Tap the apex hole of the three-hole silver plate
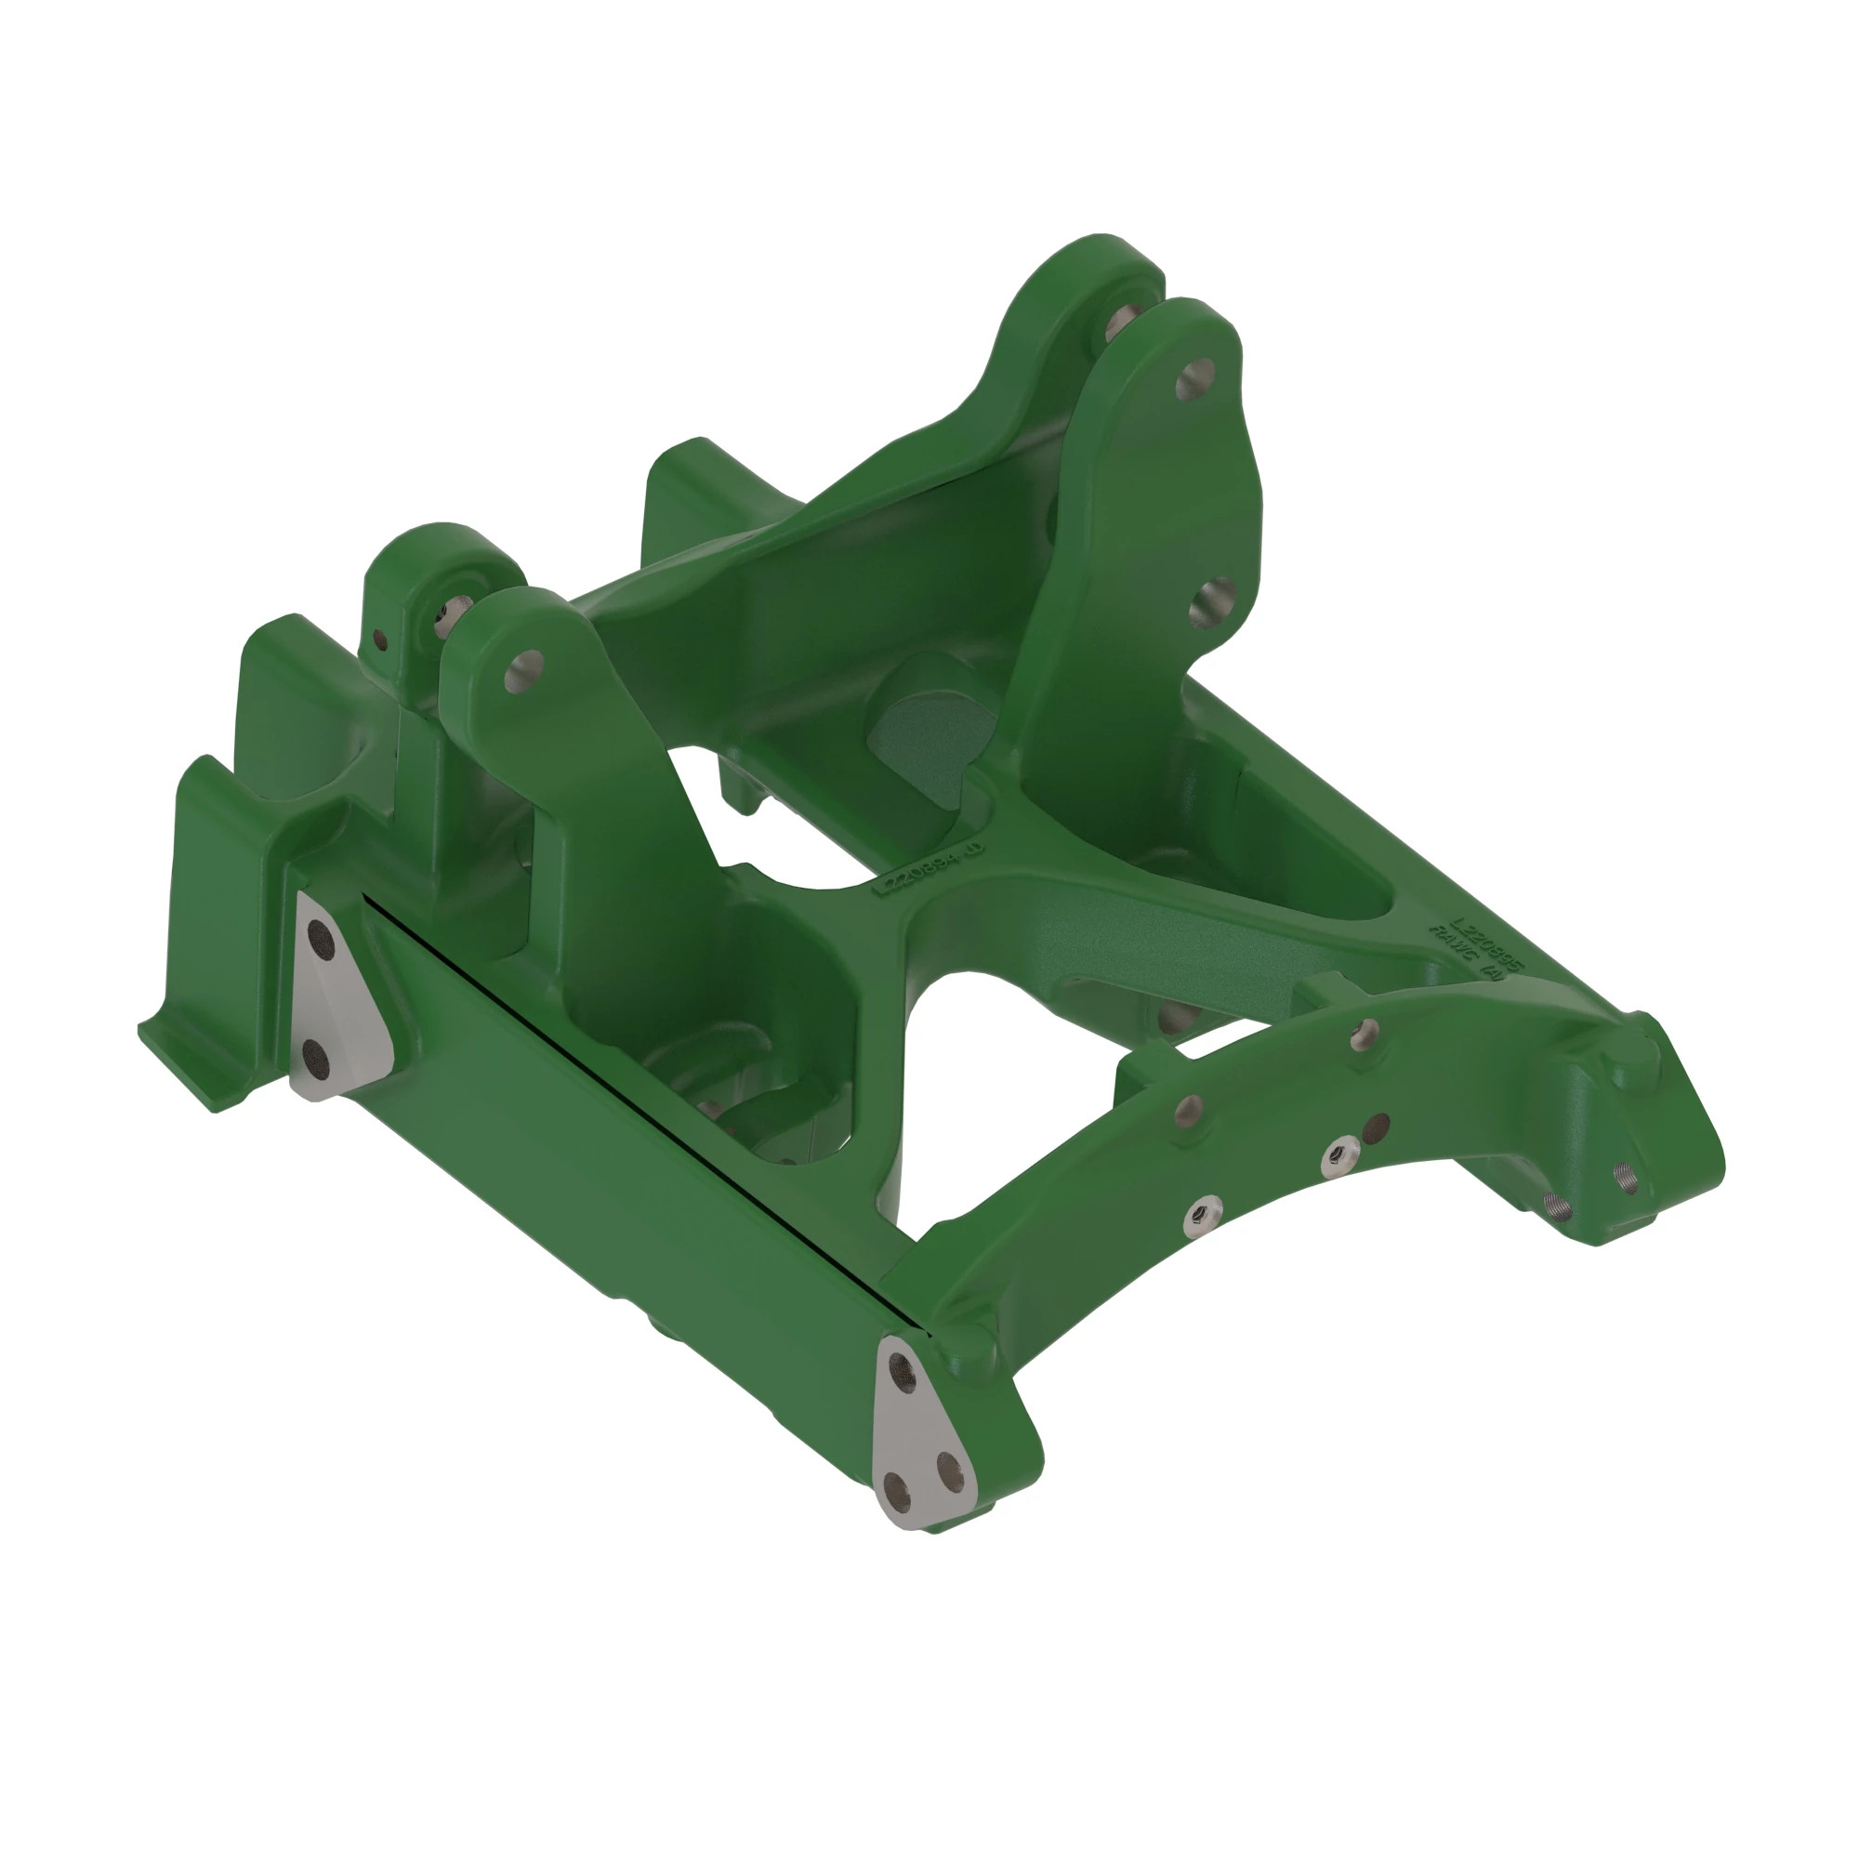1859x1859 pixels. (903, 1367)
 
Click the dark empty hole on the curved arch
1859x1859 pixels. (1377, 1125)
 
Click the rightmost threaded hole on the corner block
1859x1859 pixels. (1626, 1178)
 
